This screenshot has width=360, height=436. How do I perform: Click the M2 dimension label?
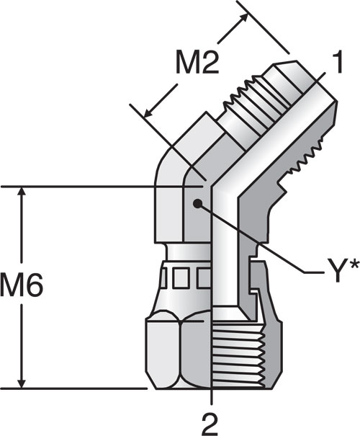click(197, 63)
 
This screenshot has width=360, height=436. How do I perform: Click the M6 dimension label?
click(22, 285)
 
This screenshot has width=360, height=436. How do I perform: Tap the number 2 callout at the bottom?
click(210, 425)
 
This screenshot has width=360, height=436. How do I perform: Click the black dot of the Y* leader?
click(197, 204)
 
